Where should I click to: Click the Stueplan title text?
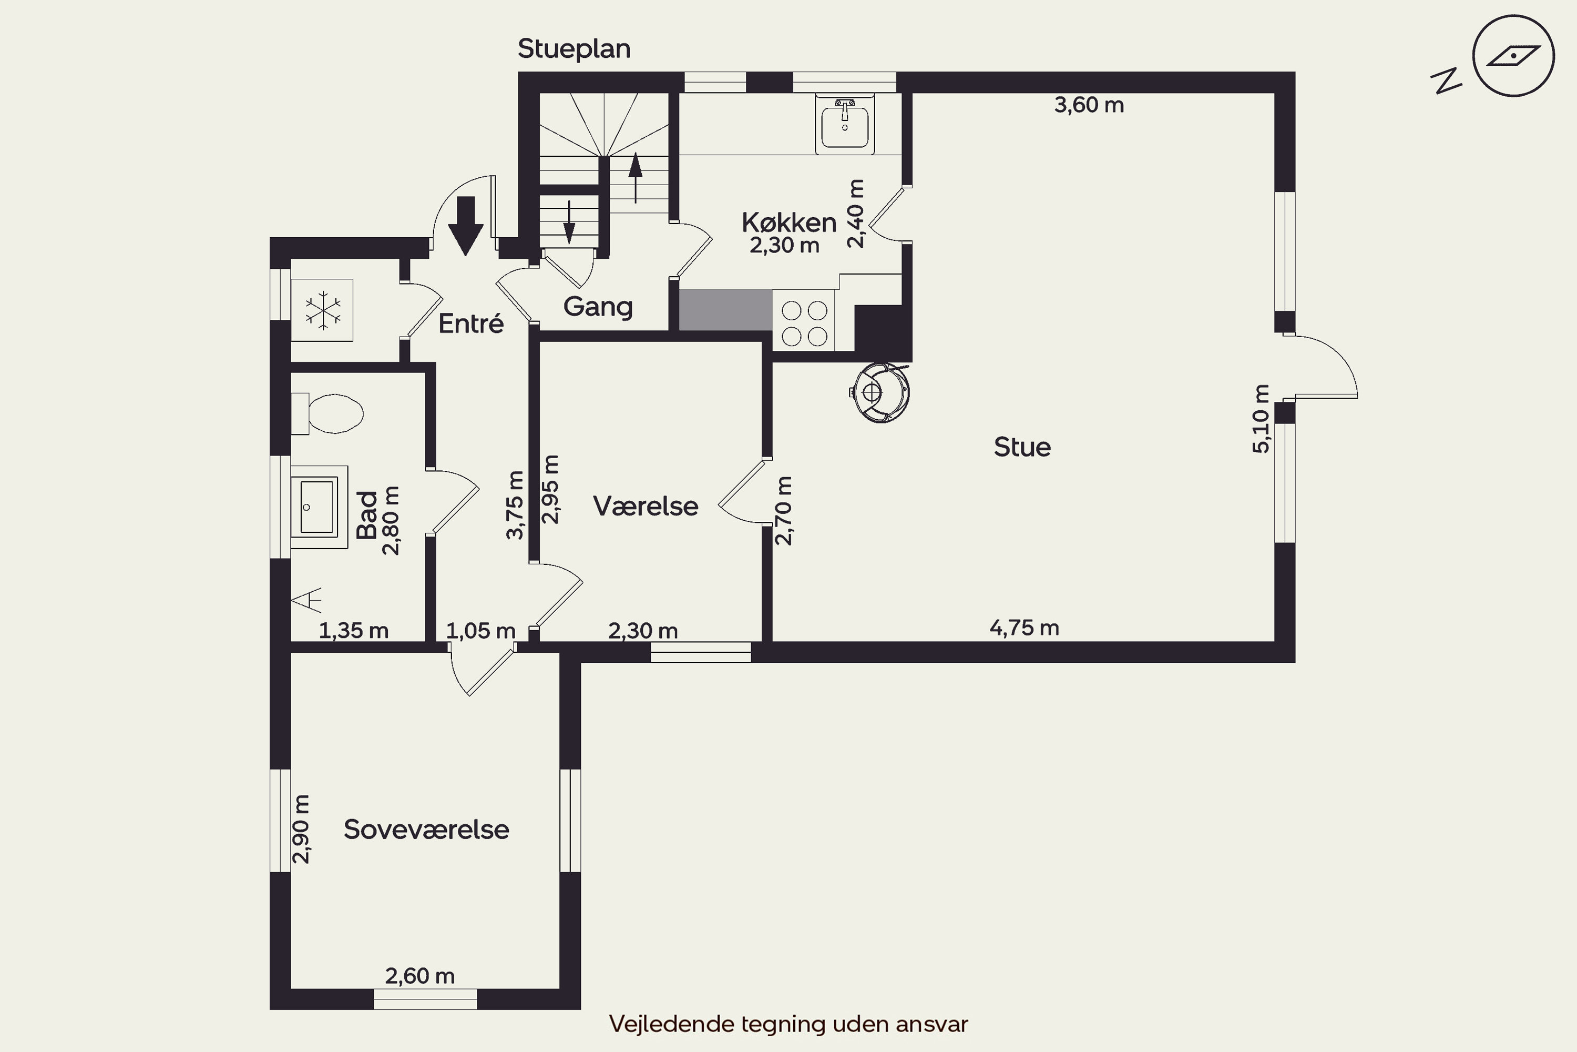(x=574, y=49)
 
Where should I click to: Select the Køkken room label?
(x=789, y=222)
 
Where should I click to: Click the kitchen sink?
(x=845, y=125)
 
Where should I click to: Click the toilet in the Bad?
(x=327, y=413)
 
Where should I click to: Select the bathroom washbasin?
(x=319, y=507)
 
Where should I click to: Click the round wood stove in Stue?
(x=879, y=392)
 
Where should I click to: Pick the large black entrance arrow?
(x=465, y=226)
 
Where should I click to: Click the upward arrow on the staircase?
(x=636, y=178)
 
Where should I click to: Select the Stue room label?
(x=1022, y=447)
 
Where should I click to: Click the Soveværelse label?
(x=426, y=830)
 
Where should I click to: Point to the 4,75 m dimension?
(x=1025, y=628)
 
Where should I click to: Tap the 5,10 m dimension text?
(x=1261, y=419)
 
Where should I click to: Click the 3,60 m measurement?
(x=1089, y=105)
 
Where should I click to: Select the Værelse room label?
(x=646, y=506)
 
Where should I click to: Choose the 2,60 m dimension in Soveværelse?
(x=419, y=976)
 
